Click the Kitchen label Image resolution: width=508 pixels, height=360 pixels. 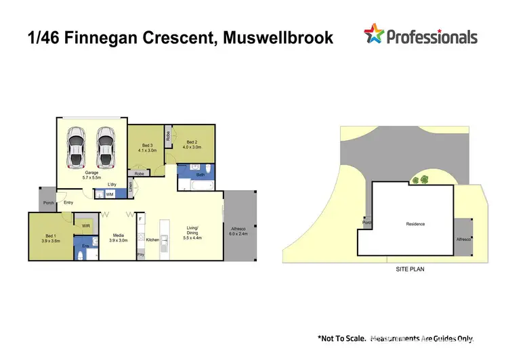(x=153, y=240)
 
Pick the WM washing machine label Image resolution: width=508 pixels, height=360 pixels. (x=109, y=195)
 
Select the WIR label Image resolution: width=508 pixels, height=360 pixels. (x=87, y=225)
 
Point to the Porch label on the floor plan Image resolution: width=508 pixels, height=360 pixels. (x=47, y=202)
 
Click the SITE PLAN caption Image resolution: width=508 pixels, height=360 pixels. (x=410, y=269)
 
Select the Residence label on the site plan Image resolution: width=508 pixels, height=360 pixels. (x=415, y=224)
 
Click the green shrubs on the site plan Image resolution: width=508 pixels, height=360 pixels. (x=420, y=180)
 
